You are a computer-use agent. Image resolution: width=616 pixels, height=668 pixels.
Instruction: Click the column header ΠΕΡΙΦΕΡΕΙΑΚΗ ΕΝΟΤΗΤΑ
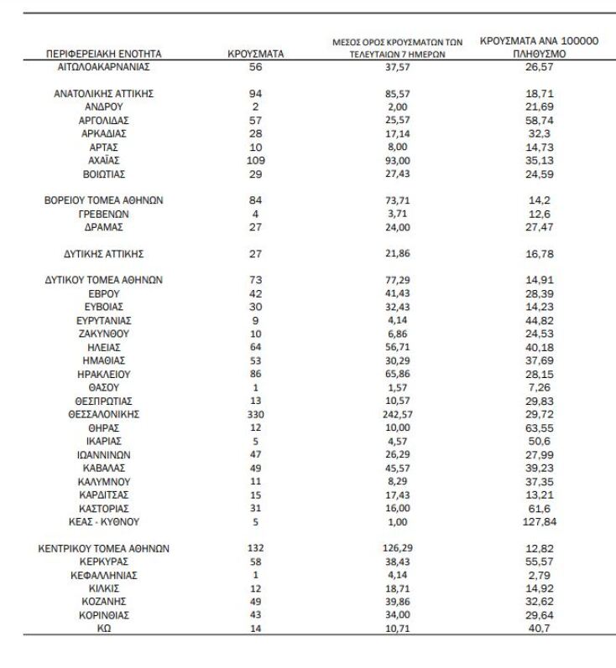point(103,54)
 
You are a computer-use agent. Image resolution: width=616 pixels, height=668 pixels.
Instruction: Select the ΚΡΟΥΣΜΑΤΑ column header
point(256,54)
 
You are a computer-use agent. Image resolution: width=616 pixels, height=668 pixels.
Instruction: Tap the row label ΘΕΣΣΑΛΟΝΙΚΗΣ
point(103,414)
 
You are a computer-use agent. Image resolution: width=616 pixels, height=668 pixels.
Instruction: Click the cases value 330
point(256,414)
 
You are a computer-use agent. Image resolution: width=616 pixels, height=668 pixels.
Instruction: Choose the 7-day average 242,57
point(396,414)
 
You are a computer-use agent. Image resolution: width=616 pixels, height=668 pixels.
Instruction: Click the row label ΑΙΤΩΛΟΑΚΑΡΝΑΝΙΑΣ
point(103,67)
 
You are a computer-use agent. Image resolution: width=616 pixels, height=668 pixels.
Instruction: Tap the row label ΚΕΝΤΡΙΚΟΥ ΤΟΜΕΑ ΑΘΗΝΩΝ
point(103,549)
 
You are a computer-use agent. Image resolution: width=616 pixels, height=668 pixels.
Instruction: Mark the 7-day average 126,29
point(396,549)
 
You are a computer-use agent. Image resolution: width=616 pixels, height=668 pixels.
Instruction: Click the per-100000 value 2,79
point(538,576)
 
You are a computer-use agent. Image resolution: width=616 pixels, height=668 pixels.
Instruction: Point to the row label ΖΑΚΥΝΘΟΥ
point(103,334)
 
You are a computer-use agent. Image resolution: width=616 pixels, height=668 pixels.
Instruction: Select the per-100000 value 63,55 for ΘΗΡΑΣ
point(538,427)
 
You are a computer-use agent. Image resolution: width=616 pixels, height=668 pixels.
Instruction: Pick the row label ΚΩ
point(103,629)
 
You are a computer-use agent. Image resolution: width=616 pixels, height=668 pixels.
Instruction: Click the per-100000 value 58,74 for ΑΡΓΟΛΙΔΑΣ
point(538,121)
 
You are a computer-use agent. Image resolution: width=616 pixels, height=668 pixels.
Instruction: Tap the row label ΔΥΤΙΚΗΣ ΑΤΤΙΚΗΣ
point(103,253)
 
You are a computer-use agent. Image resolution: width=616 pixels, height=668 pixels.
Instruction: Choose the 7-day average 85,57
point(396,94)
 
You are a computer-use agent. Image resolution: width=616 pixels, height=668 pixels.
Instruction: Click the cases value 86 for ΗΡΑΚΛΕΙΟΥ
point(256,374)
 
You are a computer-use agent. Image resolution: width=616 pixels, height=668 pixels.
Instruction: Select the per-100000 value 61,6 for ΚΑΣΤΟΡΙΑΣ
point(538,508)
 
